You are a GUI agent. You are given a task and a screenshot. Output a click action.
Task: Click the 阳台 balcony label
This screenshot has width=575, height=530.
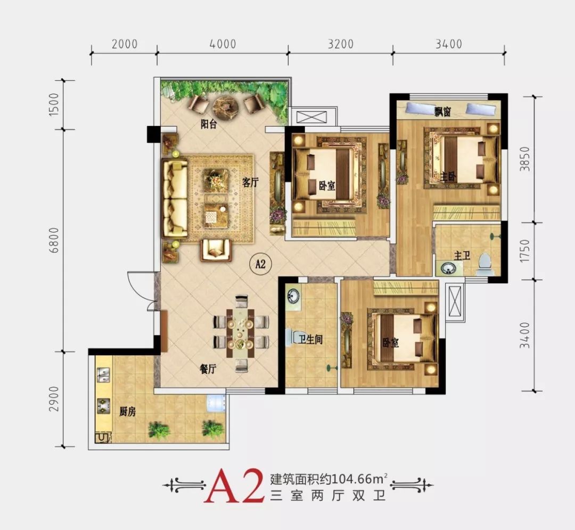pyautogui.click(x=209, y=124)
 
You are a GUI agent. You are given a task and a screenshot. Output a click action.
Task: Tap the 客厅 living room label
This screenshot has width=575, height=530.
pyautogui.click(x=250, y=182)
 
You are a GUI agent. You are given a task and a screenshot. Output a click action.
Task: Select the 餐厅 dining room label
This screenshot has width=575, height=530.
pyautogui.click(x=208, y=369)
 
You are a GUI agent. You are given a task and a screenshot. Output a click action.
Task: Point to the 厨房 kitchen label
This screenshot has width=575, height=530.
pyautogui.click(x=127, y=412)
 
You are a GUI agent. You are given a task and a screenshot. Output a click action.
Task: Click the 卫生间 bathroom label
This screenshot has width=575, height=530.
pyautogui.click(x=310, y=340)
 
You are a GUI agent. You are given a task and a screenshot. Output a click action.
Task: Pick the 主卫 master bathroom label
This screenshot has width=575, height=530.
pyautogui.click(x=462, y=255)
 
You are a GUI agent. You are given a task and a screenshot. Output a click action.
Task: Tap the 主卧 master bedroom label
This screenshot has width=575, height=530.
pyautogui.click(x=448, y=177)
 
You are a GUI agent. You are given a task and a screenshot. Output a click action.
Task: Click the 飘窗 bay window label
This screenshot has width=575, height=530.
pyautogui.click(x=442, y=112)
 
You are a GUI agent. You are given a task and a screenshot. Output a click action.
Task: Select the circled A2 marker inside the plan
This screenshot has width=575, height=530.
pyautogui.click(x=260, y=263)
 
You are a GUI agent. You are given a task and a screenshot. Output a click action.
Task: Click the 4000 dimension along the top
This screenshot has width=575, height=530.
pyautogui.click(x=223, y=44)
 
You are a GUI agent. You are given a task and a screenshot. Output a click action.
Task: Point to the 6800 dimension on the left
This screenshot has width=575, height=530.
pyautogui.click(x=54, y=240)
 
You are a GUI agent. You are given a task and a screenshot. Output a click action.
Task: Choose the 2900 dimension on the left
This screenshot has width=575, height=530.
pyautogui.click(x=54, y=399)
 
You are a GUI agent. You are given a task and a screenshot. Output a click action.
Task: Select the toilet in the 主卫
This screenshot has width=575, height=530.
pyautogui.click(x=485, y=264)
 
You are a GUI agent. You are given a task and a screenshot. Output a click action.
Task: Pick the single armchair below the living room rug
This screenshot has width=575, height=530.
pyautogui.click(x=216, y=250)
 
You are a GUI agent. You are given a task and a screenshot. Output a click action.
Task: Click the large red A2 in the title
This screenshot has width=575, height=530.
pyautogui.click(x=235, y=485)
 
